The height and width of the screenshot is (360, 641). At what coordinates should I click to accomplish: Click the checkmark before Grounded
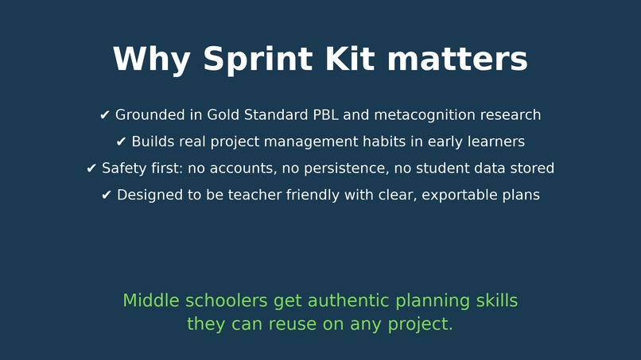pyautogui.click(x=105, y=115)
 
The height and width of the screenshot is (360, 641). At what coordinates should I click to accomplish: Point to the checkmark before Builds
pyautogui.click(x=122, y=142)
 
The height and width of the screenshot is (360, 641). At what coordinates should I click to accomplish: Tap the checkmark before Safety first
pyautogui.click(x=91, y=168)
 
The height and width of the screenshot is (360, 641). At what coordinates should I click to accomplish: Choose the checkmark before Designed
pyautogui.click(x=107, y=195)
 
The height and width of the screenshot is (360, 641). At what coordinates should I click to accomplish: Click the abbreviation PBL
pyautogui.click(x=324, y=115)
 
